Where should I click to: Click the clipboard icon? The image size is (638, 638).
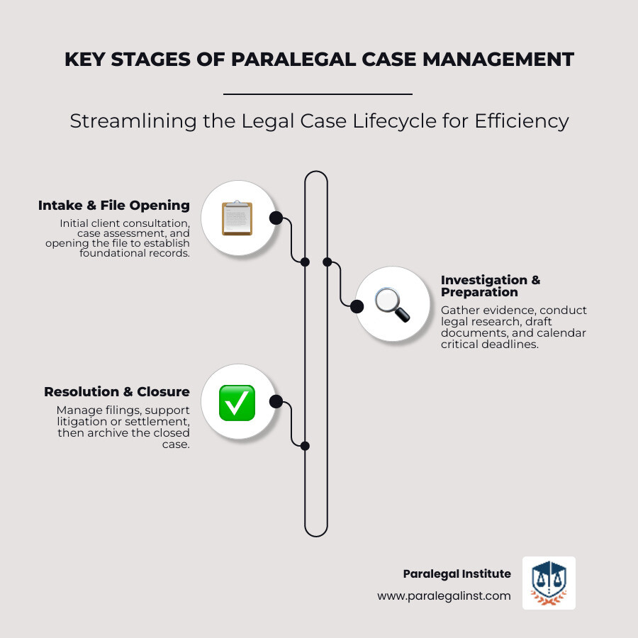[x=237, y=218]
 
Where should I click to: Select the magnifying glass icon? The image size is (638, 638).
[x=391, y=306]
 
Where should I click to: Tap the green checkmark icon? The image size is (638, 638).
[x=237, y=402]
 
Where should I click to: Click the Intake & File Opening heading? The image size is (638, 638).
[x=114, y=206]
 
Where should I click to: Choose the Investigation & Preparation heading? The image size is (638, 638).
[x=490, y=286]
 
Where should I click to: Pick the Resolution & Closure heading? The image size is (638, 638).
[x=117, y=391]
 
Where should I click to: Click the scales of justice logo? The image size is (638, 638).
[x=549, y=583]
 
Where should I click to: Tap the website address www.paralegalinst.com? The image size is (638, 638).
[x=444, y=596]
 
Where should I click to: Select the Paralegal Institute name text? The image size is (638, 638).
[x=457, y=573]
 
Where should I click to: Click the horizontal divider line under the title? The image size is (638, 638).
[x=318, y=94]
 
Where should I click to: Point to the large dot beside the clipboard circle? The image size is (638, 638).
[x=276, y=218]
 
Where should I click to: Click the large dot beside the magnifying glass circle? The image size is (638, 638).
[x=357, y=306]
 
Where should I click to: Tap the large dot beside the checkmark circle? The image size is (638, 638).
[x=276, y=402]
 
